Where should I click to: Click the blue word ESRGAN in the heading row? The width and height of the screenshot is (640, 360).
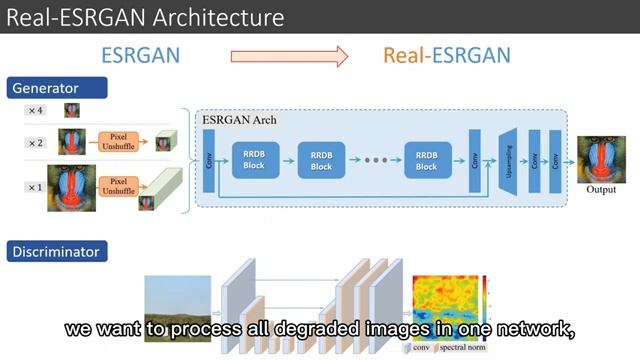click(141, 55)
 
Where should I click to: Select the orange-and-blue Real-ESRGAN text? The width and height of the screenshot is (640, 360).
click(446, 55)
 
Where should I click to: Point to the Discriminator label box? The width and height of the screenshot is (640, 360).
click(57, 252)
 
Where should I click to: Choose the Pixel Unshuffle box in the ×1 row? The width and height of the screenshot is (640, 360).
click(117, 186)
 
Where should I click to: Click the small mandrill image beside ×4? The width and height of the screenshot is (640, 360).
click(73, 110)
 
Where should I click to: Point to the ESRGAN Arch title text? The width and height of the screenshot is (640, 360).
click(239, 120)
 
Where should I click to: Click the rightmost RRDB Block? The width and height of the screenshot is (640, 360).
click(426, 159)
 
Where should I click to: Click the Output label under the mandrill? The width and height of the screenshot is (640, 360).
click(601, 190)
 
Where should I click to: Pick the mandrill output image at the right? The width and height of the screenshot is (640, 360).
click(601, 159)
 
